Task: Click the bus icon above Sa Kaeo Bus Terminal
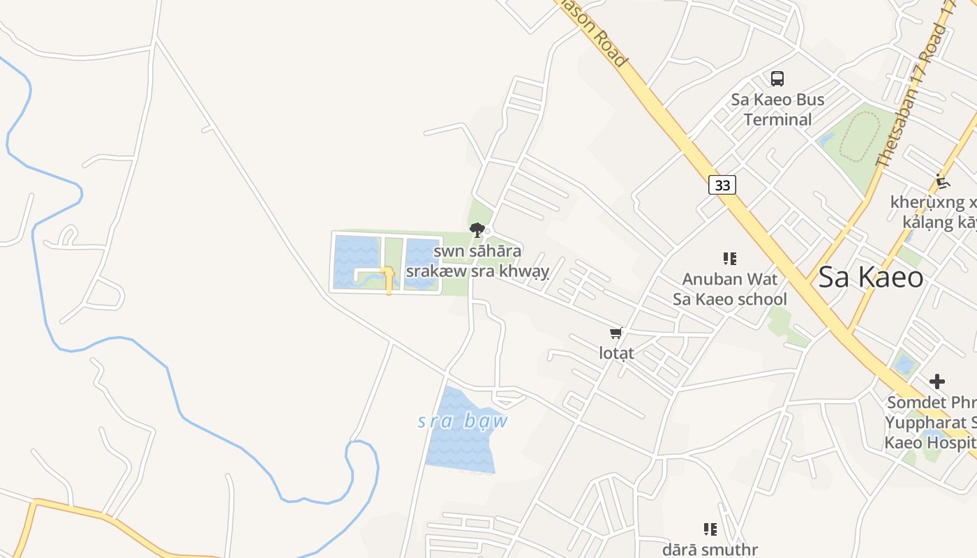[x=777, y=79]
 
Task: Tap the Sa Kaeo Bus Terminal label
[x=777, y=110]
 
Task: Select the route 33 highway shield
[x=722, y=185]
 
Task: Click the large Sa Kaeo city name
[x=870, y=278]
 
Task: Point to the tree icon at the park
[x=477, y=229]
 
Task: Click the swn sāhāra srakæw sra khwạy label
[x=477, y=261]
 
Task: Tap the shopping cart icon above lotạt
[x=616, y=333]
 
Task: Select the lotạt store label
[x=617, y=353]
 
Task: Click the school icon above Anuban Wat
[x=730, y=259]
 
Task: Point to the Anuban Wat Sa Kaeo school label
[x=729, y=289]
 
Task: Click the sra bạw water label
[x=463, y=421]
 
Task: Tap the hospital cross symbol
[x=937, y=382]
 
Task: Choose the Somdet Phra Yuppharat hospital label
[x=931, y=423]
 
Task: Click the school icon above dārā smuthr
[x=710, y=529]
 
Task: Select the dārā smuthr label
[x=710, y=550]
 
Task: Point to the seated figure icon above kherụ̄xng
[x=943, y=181]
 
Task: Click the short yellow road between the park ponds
[x=388, y=279]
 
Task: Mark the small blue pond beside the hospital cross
[x=904, y=364]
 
